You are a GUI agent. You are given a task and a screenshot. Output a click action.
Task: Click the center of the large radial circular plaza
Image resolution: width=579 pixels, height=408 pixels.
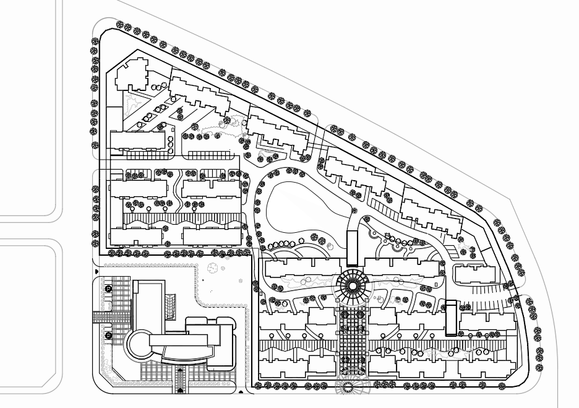click(x=353, y=285)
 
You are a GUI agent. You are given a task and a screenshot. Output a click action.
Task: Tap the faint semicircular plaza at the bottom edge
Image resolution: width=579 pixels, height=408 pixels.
click(x=353, y=388)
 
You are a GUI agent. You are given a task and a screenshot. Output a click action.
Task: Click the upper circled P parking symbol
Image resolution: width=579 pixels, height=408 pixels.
click(x=108, y=289)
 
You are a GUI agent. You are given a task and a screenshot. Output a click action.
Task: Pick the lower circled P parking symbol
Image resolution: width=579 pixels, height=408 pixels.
click(x=108, y=336)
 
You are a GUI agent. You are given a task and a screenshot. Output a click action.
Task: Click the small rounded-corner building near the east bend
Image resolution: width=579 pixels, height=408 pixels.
click(x=474, y=274)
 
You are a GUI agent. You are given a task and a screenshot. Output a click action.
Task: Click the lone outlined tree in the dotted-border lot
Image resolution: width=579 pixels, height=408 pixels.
click(x=213, y=268)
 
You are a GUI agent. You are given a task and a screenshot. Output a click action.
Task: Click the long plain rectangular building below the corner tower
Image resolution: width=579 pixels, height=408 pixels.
click(x=137, y=140)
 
